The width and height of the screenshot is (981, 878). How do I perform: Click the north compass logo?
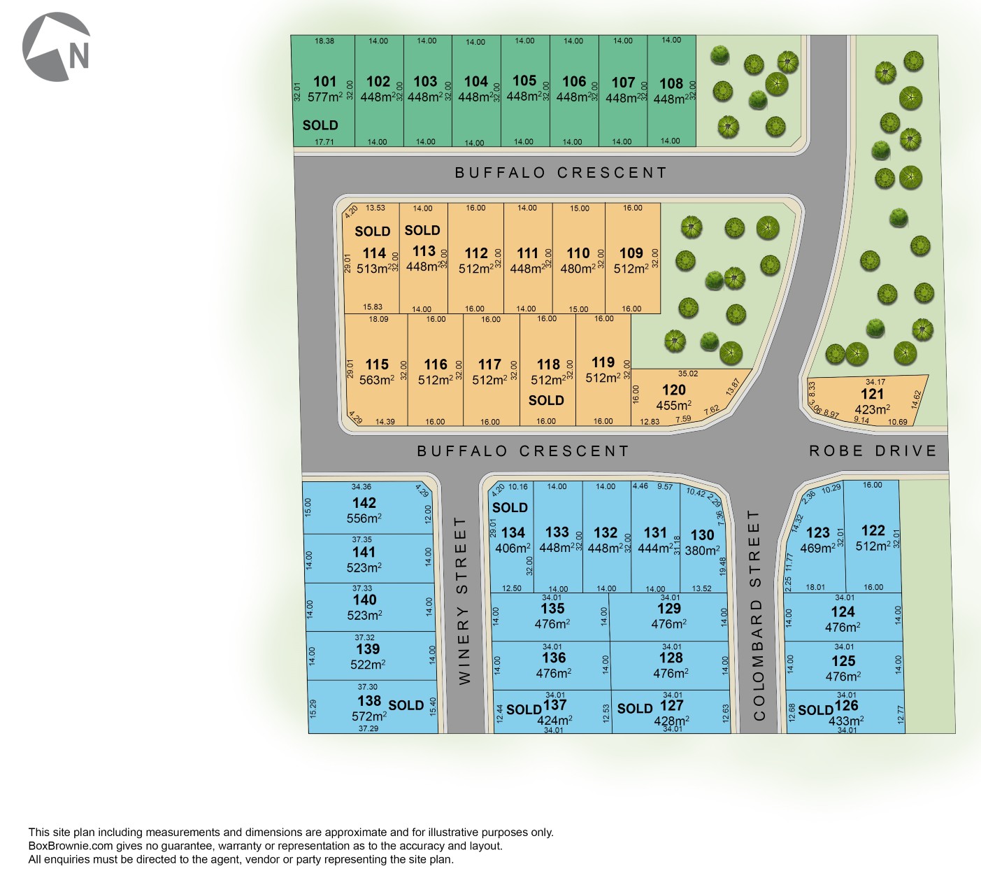(x=57, y=47)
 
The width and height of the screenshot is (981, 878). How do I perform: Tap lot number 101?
(x=325, y=82)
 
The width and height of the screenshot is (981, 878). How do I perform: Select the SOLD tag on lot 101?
(x=320, y=125)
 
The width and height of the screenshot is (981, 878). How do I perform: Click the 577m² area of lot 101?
(x=325, y=97)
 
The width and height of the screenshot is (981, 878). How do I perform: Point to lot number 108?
(x=671, y=84)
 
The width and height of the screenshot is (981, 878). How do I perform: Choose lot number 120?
(x=674, y=390)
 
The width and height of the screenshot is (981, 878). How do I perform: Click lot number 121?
(x=873, y=394)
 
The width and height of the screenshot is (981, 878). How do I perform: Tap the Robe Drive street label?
(x=873, y=451)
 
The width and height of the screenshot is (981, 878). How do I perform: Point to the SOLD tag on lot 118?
(x=546, y=400)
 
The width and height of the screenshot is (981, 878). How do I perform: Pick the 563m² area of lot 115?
(x=377, y=380)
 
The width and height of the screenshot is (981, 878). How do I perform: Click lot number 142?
(x=364, y=503)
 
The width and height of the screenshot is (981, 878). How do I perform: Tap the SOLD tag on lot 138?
(x=406, y=705)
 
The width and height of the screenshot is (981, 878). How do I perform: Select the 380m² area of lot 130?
(x=702, y=551)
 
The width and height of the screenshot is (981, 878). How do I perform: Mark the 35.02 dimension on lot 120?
(x=688, y=374)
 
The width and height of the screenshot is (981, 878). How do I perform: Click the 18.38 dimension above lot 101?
(x=324, y=41)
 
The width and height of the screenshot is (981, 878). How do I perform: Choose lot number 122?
(x=873, y=531)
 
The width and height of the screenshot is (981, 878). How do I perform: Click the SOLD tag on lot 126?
(x=815, y=710)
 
